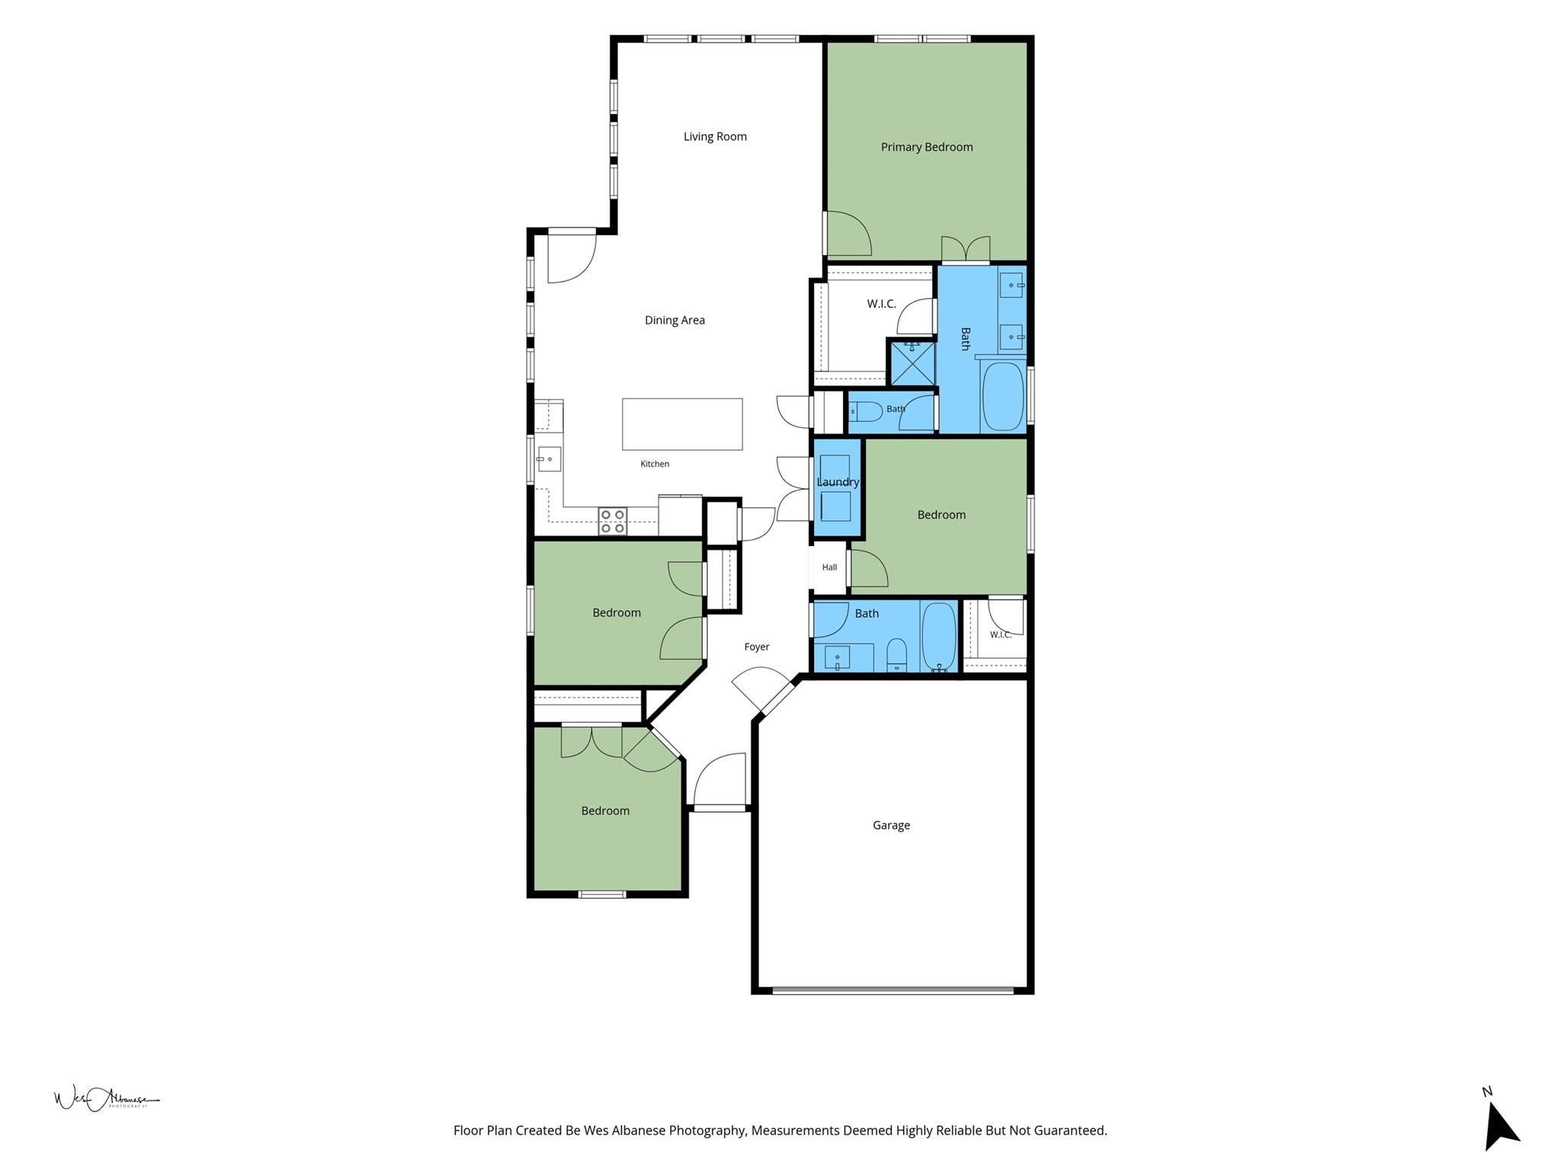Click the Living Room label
click(x=715, y=137)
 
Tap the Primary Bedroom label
click(x=927, y=147)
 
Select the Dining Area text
click(x=675, y=321)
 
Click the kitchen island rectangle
click(x=682, y=424)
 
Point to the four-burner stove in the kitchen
click(x=612, y=521)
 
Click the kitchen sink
click(x=549, y=459)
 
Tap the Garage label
click(x=891, y=826)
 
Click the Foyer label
click(x=757, y=647)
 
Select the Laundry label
click(x=838, y=482)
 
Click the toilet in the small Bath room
click(x=865, y=412)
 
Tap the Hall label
click(x=829, y=567)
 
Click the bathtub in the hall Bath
click(x=939, y=638)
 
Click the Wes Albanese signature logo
click(x=107, y=1098)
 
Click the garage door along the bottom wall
click(x=893, y=991)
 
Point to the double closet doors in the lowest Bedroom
click(x=591, y=743)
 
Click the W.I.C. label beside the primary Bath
click(x=881, y=304)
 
